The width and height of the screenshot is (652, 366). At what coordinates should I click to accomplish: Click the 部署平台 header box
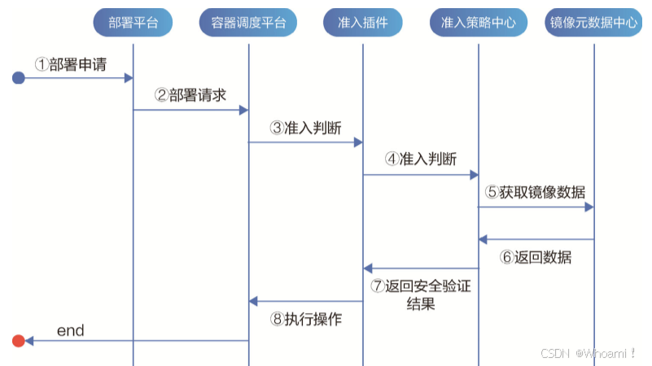point(133,23)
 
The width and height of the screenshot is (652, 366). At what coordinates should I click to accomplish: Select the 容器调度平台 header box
point(247,23)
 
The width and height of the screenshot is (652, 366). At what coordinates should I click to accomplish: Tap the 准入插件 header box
point(363,23)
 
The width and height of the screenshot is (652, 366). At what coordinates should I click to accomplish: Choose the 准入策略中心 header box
point(478,23)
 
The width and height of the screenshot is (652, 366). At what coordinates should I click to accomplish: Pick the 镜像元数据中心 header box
point(594,23)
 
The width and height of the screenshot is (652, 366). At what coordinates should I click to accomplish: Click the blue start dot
point(18,78)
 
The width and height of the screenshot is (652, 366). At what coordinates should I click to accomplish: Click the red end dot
point(18,341)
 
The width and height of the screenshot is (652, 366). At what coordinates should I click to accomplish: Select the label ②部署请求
point(191,95)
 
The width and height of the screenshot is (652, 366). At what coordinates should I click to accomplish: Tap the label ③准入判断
point(306,128)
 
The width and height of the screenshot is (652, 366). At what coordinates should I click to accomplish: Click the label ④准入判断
point(421,159)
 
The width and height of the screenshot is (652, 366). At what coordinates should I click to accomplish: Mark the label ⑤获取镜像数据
point(536,193)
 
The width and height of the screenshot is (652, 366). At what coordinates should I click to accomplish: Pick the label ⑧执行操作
point(306,320)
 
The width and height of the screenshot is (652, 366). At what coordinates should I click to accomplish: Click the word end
point(70,330)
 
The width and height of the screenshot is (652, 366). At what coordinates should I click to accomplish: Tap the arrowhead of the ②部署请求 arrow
point(244,110)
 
